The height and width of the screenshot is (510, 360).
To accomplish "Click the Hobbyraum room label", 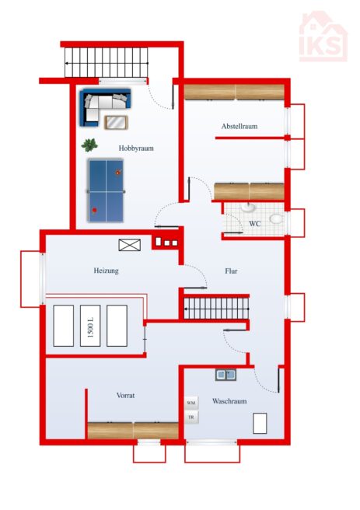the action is point(136,148).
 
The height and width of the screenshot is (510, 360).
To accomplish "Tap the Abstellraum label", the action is point(239,126).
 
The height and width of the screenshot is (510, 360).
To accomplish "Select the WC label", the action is point(254,224).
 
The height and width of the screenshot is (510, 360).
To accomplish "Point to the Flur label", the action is point(231,271).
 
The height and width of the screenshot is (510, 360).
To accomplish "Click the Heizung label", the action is point(106,271).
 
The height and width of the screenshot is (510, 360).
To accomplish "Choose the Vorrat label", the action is point(125,396).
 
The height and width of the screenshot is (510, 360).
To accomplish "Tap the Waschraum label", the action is point(229,401).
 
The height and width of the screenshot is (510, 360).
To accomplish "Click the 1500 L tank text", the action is point(90,326).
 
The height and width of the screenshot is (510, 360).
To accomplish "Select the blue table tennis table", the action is point(106,190).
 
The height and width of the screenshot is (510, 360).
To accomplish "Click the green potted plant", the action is point(89,145).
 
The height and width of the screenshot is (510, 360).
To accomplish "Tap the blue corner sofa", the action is point(105,107).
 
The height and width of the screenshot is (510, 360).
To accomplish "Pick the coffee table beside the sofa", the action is point(116,123).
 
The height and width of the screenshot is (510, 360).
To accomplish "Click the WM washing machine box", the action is point(191,403).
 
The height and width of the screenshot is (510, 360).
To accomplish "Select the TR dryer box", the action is point(191,417).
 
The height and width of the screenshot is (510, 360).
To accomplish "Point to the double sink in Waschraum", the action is point(225,375).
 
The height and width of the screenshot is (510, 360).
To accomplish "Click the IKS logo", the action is point(323,37).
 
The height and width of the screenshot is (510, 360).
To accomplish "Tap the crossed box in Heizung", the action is point(129,245).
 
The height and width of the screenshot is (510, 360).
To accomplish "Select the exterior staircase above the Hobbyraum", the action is point(107,63).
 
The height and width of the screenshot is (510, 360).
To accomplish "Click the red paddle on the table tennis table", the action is point(94,211).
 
